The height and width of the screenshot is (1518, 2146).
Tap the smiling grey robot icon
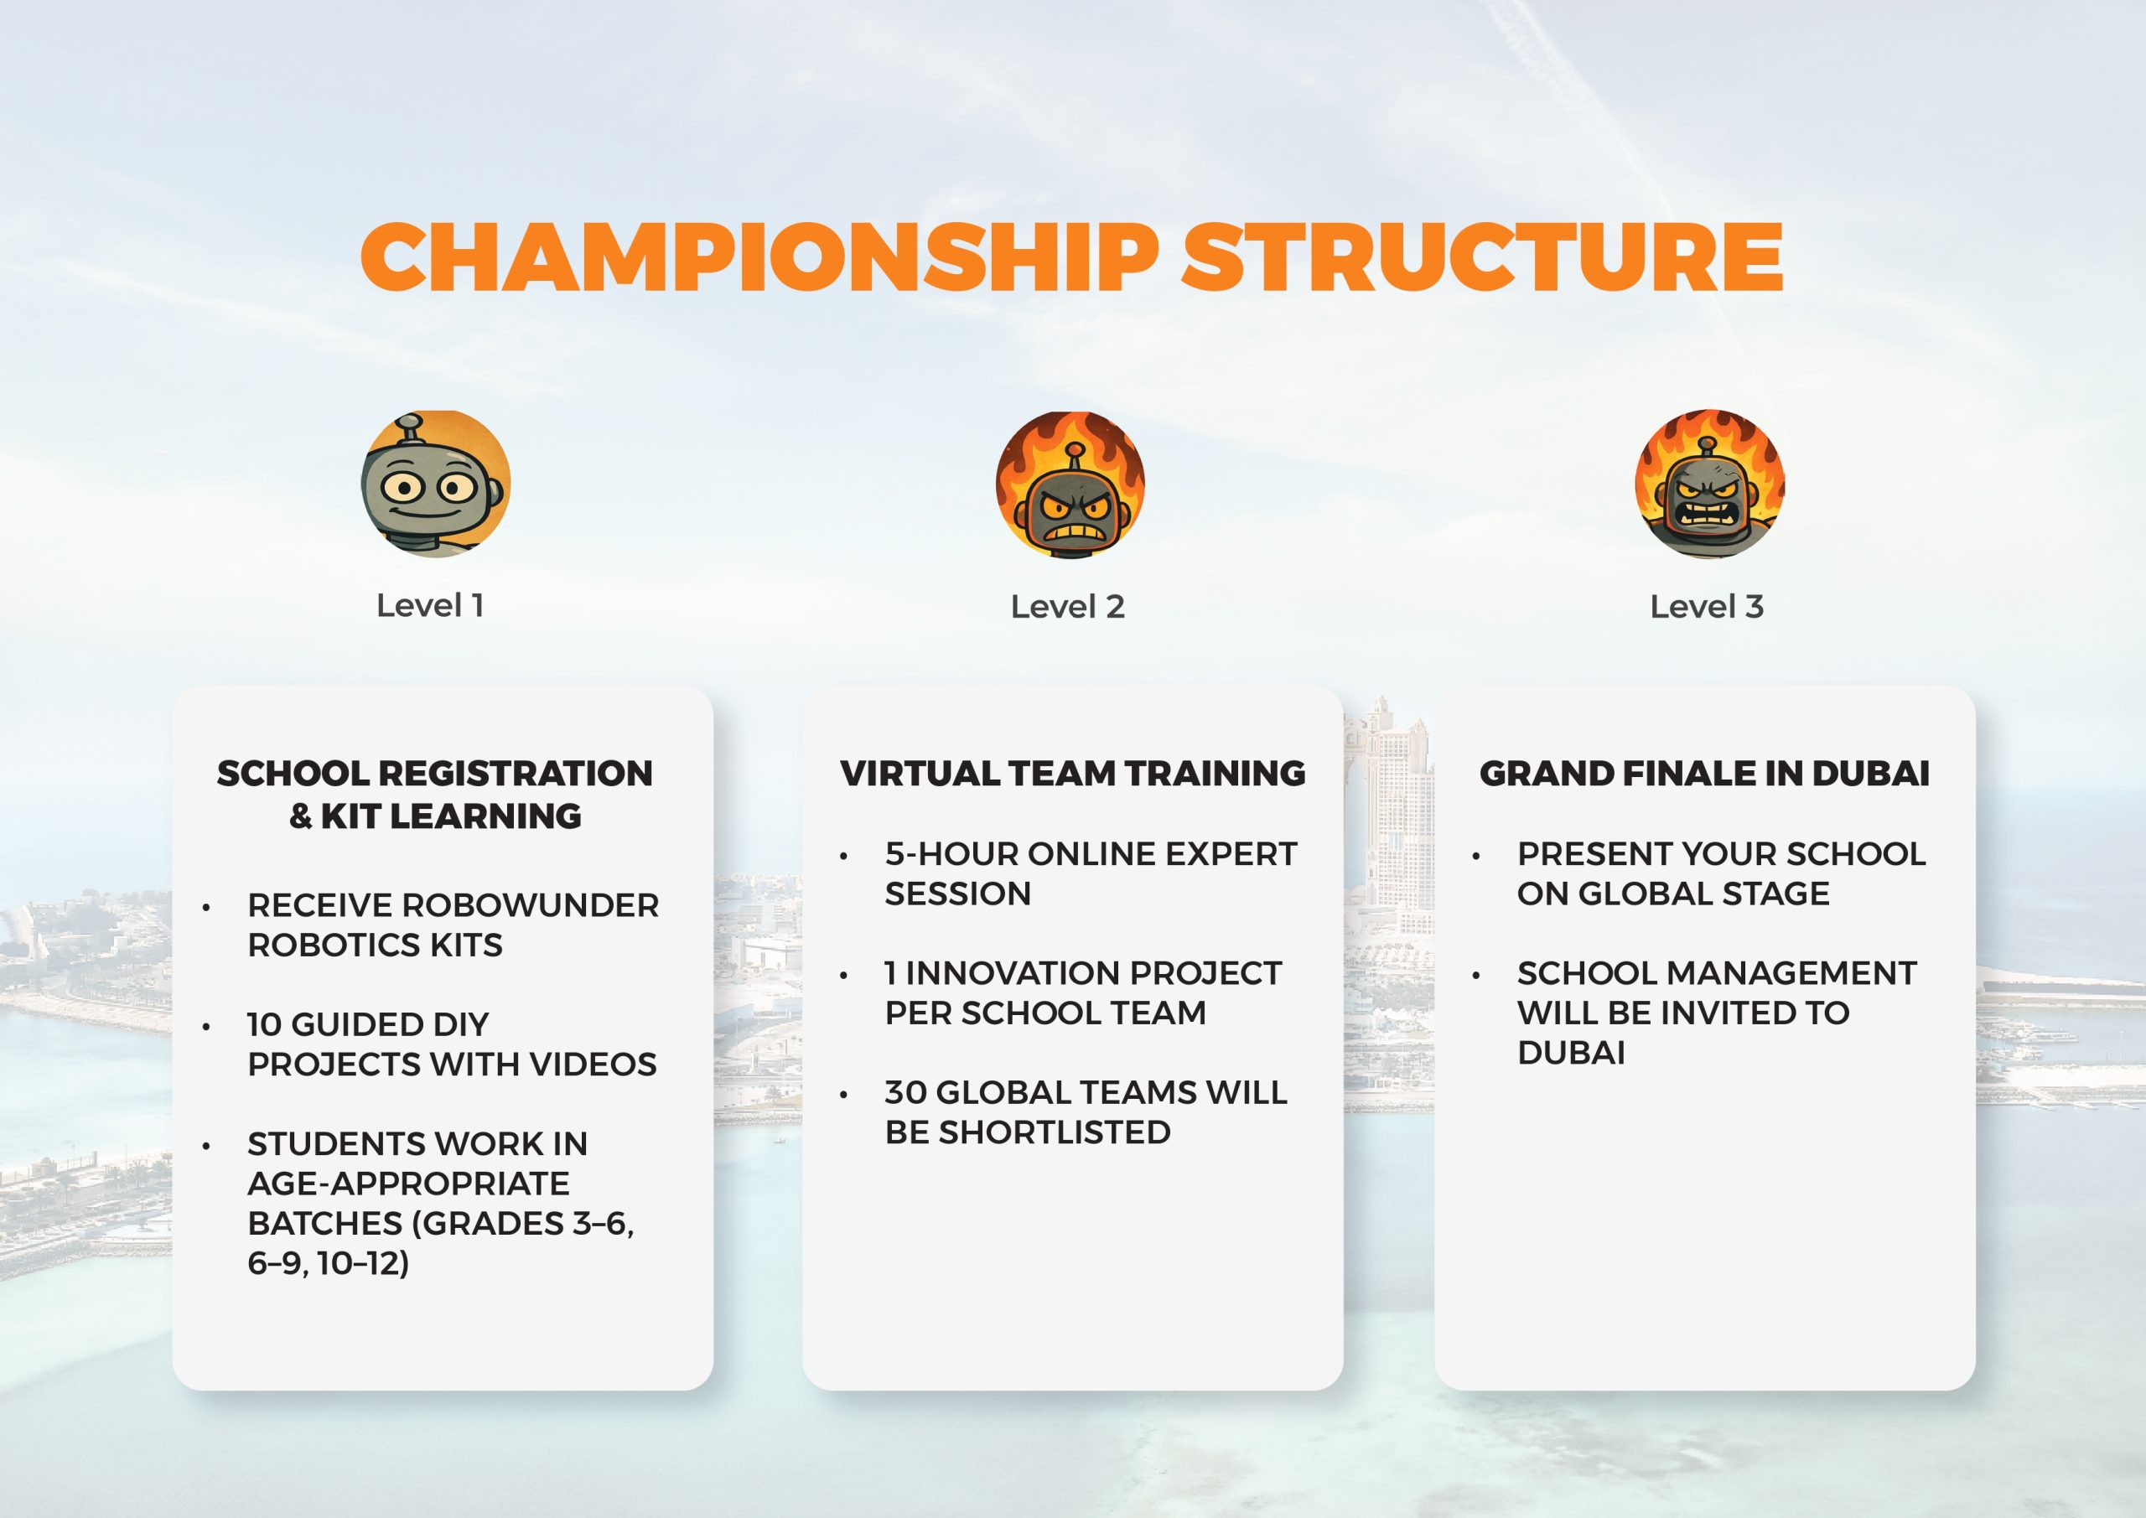click(x=436, y=484)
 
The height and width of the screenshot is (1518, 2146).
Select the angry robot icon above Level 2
click(x=1070, y=485)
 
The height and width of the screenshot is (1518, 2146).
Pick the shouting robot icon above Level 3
click(x=1709, y=484)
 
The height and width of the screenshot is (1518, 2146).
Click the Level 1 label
click(x=430, y=606)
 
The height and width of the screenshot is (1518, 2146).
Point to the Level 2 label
click(x=1067, y=607)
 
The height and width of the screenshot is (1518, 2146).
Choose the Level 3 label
click(x=1707, y=607)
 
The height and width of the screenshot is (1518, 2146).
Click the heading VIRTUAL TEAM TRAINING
click(x=1073, y=773)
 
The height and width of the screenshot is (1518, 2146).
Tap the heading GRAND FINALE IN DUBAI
click(x=1705, y=773)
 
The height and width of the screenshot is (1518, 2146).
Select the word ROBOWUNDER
click(x=530, y=904)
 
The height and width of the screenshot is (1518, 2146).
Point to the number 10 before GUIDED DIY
click(x=265, y=1024)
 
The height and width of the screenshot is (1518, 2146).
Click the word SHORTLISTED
click(x=1055, y=1132)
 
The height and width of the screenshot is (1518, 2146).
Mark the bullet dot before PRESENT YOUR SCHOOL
click(x=1476, y=856)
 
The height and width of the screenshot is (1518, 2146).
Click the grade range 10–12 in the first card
click(x=363, y=1263)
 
